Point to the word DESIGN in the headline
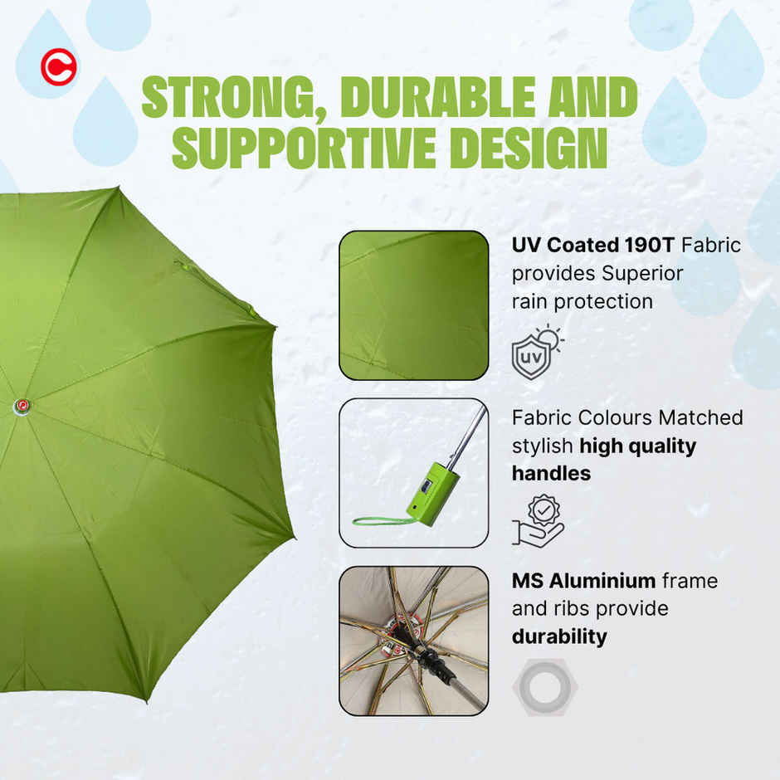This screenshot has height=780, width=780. (524, 147)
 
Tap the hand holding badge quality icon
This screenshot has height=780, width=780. (537, 520)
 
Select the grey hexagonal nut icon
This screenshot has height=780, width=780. (545, 687)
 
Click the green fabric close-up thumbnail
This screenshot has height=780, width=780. (413, 305)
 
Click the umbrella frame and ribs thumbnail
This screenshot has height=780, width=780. (413, 640)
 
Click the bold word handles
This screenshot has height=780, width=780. (551, 474)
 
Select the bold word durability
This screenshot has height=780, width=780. (558, 637)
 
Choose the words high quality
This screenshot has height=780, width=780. (637, 446)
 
